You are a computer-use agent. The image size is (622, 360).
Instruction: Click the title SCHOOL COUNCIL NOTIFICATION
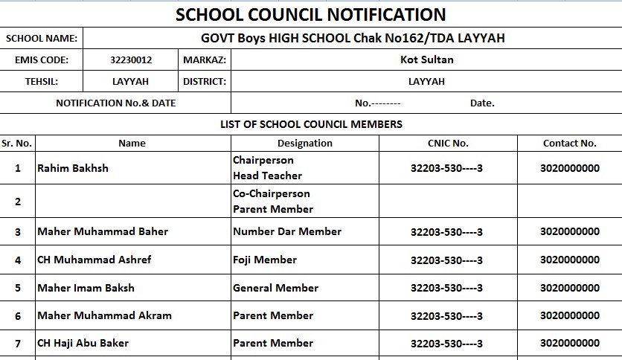click(x=310, y=14)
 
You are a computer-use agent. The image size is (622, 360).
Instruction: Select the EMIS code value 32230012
click(x=130, y=60)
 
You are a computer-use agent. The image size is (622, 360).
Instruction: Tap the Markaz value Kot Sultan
click(x=426, y=60)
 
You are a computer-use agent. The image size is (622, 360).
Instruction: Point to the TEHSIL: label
click(x=41, y=82)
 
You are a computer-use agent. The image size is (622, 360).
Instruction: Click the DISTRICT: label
click(x=204, y=82)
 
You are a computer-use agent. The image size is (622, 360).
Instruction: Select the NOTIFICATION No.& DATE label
click(x=115, y=103)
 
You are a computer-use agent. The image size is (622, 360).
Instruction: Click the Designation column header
click(x=304, y=143)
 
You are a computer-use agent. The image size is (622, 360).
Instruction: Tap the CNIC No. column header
click(x=448, y=143)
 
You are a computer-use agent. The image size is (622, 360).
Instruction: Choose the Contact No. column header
click(x=569, y=143)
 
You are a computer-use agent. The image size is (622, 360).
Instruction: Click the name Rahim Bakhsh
click(x=73, y=168)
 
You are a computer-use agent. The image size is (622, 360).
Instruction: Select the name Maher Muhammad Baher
click(x=103, y=231)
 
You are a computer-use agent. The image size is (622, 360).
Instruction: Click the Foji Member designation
click(x=264, y=260)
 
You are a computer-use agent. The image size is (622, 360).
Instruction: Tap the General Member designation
click(x=275, y=288)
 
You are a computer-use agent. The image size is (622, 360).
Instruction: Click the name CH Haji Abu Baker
click(x=83, y=343)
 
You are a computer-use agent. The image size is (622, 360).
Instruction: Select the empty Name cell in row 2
click(x=132, y=202)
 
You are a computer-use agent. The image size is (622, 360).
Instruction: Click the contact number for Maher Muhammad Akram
click(x=569, y=315)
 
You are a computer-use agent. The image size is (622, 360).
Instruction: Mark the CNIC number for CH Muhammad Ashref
click(x=446, y=260)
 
